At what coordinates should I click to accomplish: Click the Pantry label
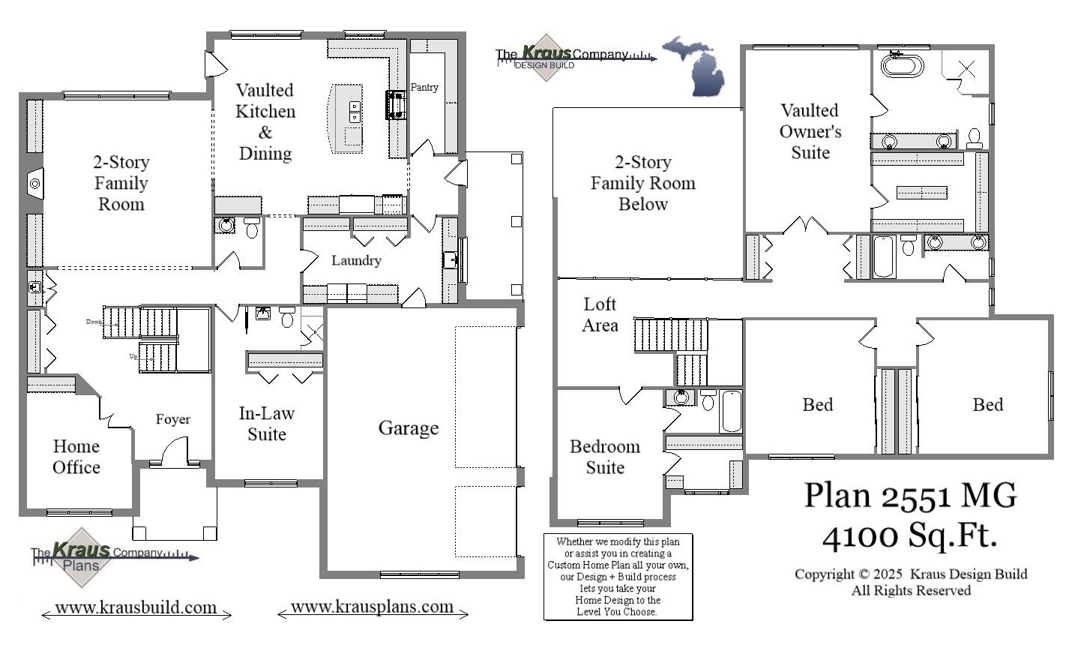[424, 88]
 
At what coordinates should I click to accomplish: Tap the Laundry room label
[356, 261]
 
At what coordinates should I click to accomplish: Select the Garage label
[408, 428]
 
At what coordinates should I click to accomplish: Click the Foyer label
[173, 420]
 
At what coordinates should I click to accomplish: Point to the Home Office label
[76, 457]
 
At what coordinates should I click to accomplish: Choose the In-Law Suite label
[267, 424]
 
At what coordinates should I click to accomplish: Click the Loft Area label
[600, 315]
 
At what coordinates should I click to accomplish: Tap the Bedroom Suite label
[605, 457]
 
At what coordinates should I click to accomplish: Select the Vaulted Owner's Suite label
[810, 132]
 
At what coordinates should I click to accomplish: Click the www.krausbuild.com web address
[136, 608]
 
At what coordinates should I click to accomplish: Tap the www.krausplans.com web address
[372, 607]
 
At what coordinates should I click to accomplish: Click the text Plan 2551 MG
[910, 496]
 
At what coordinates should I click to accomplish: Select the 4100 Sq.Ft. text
[910, 535]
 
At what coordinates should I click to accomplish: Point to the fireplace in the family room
[34, 183]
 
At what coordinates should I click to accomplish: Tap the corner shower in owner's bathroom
[966, 70]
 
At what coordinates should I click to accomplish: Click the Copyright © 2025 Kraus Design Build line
[911, 574]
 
